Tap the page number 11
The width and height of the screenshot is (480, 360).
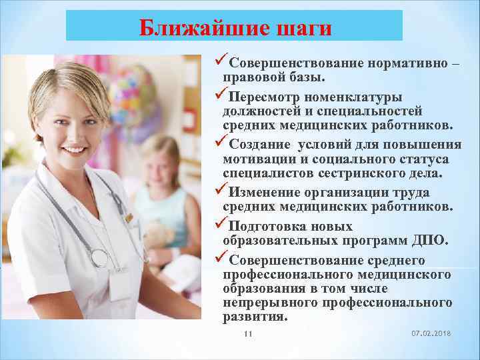click(x=248, y=333)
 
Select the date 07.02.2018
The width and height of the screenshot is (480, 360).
click(x=431, y=333)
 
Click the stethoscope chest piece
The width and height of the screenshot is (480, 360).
click(x=100, y=257)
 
